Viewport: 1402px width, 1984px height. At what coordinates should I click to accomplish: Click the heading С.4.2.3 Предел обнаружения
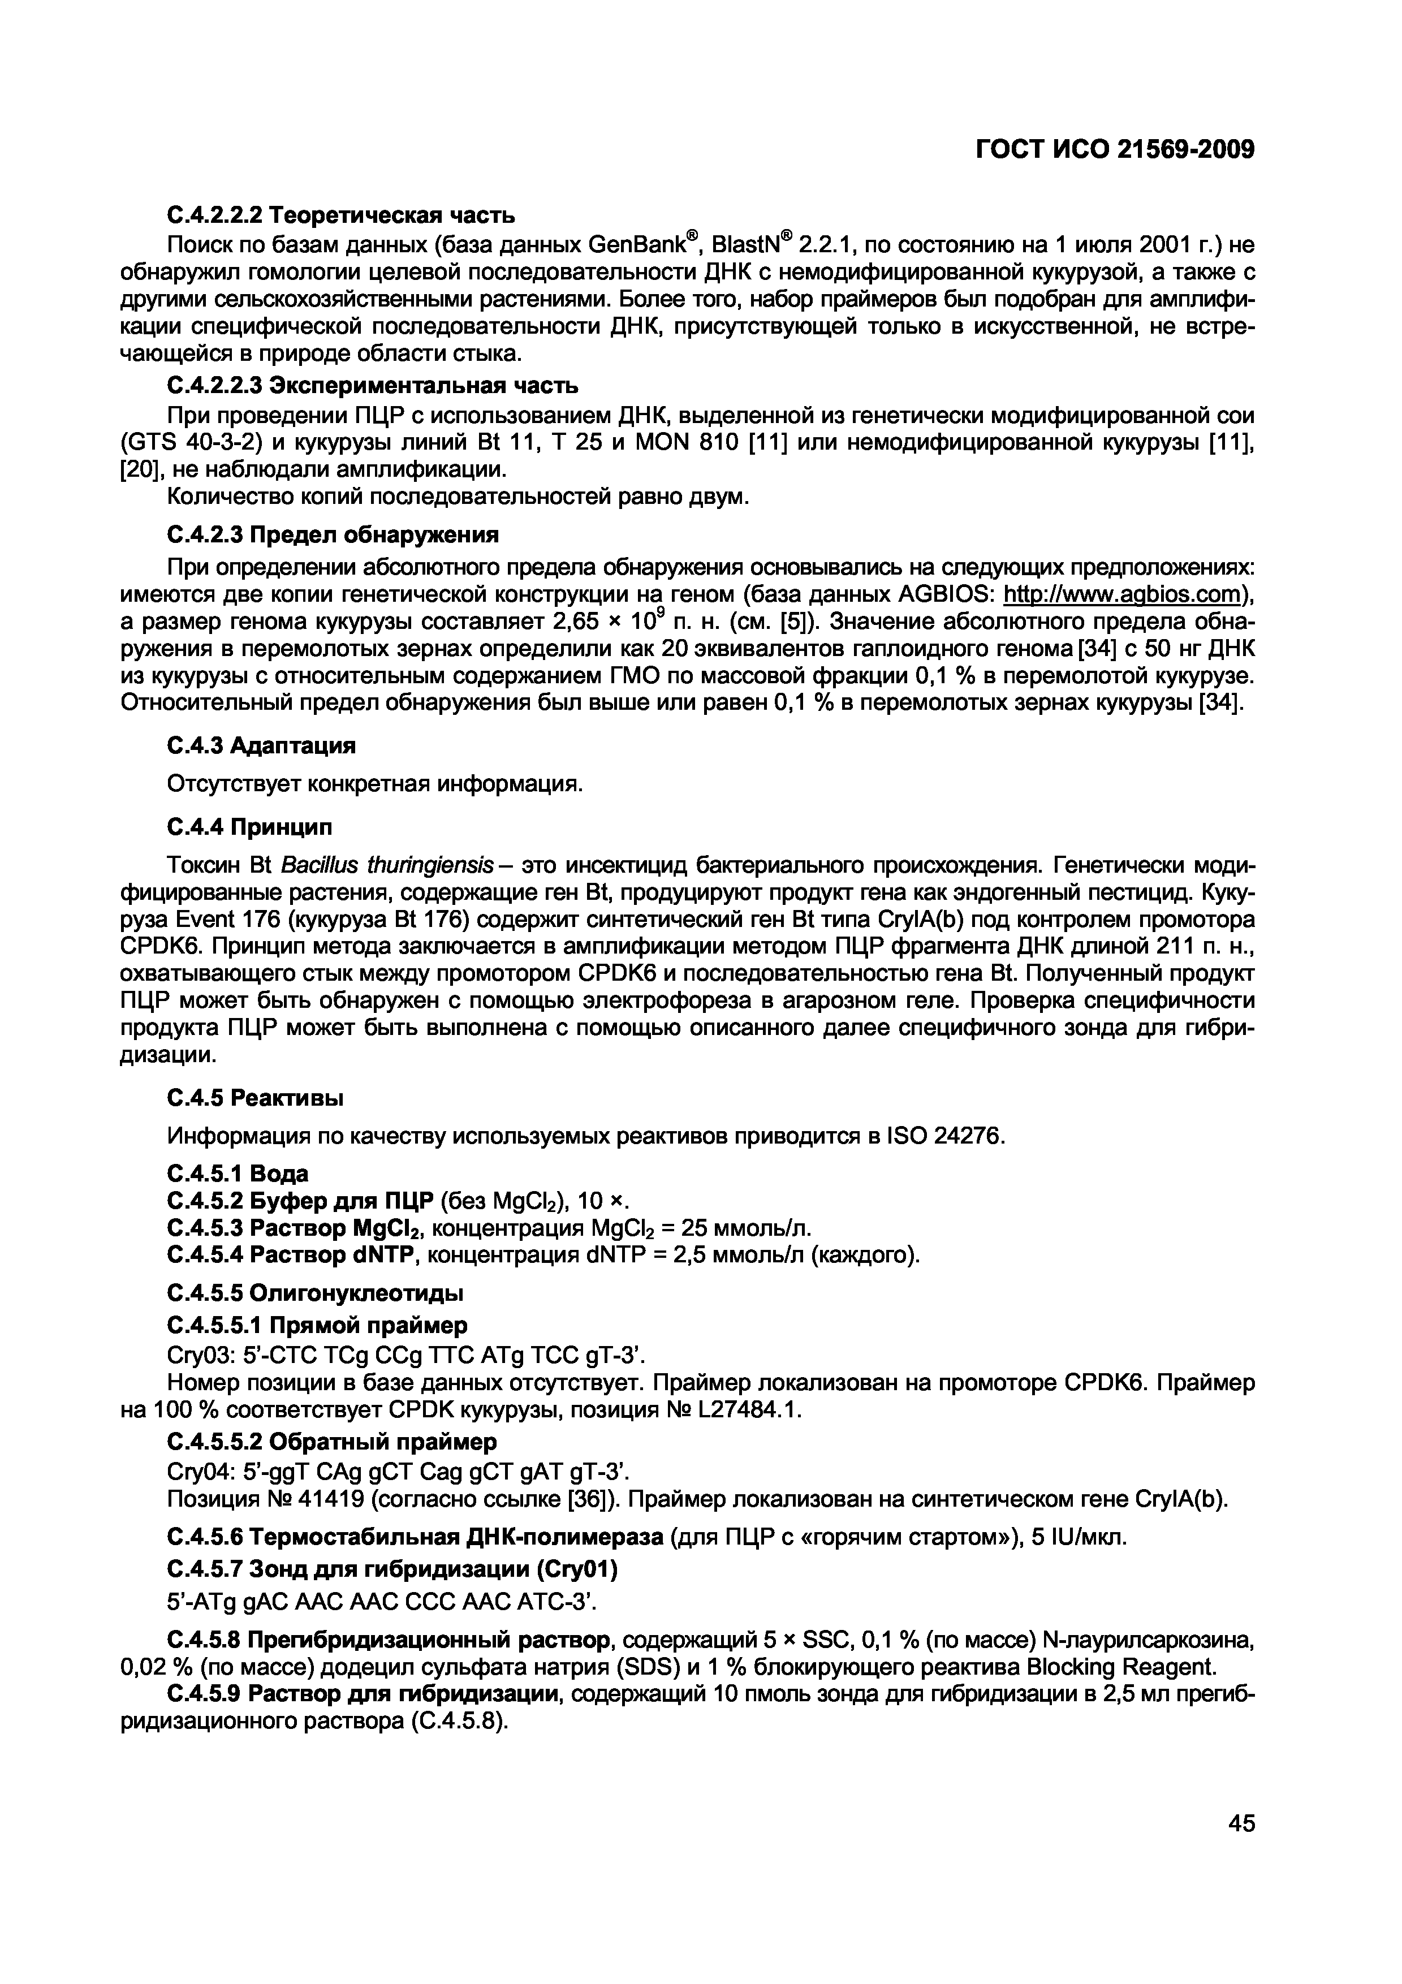pyautogui.click(x=332, y=536)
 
